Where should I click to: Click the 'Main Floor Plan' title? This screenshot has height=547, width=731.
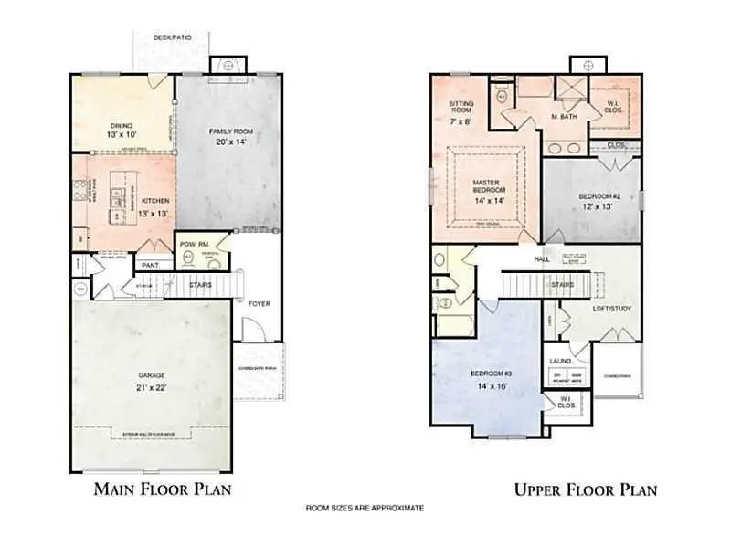(163, 489)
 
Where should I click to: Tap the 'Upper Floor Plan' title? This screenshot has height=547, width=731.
(585, 489)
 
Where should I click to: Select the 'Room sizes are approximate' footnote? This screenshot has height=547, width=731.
(365, 508)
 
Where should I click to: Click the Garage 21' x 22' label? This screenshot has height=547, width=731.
(151, 381)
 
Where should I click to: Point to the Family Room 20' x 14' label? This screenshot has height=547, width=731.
(230, 137)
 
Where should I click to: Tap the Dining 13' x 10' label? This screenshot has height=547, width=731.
(122, 131)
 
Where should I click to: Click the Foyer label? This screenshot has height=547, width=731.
(259, 302)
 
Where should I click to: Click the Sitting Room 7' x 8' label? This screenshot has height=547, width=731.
(461, 111)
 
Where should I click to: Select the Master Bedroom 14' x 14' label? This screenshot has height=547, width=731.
(485, 189)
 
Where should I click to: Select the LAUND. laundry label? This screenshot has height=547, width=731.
(559, 361)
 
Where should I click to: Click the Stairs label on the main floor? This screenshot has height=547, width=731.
(201, 285)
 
